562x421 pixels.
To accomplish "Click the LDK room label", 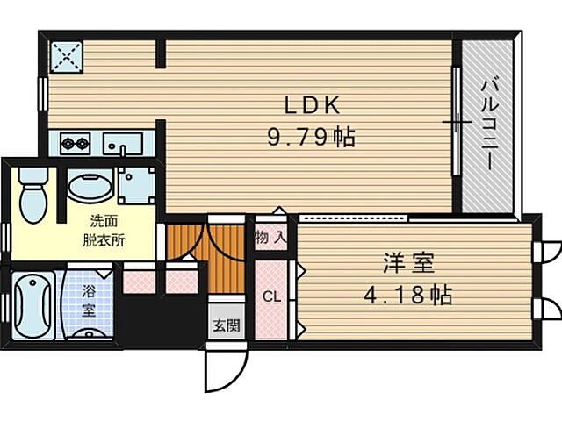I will [310, 105].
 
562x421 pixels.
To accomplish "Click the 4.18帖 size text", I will [407, 295].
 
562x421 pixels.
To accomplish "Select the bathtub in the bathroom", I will [32, 307].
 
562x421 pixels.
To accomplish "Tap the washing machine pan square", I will [137, 186].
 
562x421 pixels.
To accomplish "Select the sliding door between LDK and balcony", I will [457, 122].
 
